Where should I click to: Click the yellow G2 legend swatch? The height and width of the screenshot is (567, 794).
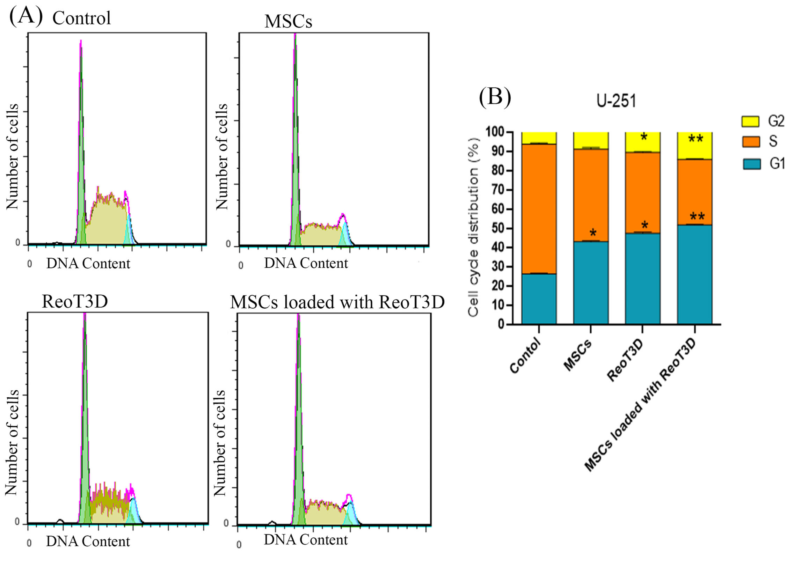click(750, 121)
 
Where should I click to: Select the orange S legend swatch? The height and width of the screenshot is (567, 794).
click(751, 142)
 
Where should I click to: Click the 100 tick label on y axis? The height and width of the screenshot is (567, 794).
click(495, 132)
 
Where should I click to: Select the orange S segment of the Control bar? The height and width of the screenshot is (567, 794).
click(539, 208)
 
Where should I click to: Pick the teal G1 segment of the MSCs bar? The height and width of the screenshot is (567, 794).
click(591, 283)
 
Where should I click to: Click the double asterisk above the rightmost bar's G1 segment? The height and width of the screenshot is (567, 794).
click(697, 217)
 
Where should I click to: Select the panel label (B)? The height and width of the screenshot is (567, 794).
click(495, 97)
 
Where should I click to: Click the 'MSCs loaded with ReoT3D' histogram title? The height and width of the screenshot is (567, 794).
click(337, 302)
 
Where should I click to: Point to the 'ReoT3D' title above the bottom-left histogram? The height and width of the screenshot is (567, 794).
click(75, 301)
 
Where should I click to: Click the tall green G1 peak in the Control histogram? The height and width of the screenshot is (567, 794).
click(81, 140)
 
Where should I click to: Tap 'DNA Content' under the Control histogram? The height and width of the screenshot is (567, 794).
click(88, 264)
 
